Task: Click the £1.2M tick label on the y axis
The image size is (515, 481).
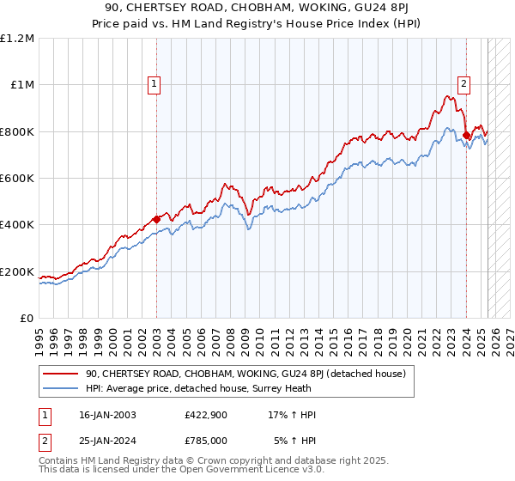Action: (17, 39)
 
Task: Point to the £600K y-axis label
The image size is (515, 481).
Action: (17, 179)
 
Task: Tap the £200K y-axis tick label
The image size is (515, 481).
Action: (17, 271)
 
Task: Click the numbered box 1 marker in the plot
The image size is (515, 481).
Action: (154, 84)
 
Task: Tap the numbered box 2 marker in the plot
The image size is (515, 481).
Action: (463, 84)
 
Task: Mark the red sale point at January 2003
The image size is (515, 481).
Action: (157, 219)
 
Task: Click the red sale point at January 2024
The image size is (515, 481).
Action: (466, 135)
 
